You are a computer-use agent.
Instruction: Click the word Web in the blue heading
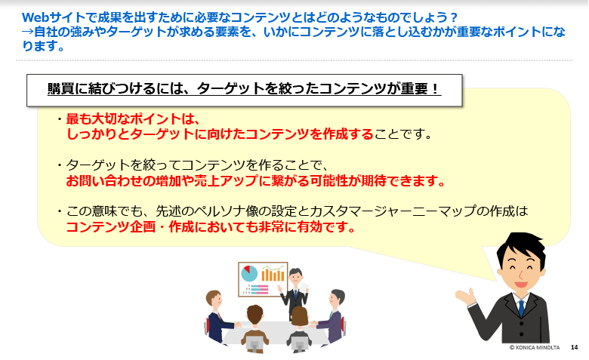[x=36, y=17]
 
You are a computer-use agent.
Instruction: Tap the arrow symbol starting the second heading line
[x=28, y=32]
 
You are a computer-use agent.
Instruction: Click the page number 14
[x=574, y=347]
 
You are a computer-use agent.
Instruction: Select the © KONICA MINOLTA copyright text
[x=535, y=347]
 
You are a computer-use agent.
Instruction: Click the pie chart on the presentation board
[x=249, y=273]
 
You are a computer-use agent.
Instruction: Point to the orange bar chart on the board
[x=273, y=274]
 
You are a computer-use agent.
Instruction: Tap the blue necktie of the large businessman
[x=521, y=308]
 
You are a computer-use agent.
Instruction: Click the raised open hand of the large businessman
[x=466, y=296]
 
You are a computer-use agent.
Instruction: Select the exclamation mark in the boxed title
[x=435, y=89]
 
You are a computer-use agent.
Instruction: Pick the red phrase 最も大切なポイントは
[x=129, y=119]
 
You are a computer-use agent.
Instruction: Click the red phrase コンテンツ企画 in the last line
[x=111, y=227]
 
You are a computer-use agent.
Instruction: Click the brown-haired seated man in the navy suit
[x=220, y=316]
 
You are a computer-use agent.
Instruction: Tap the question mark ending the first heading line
[x=453, y=17]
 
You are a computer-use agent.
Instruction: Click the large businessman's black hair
[x=521, y=247]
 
